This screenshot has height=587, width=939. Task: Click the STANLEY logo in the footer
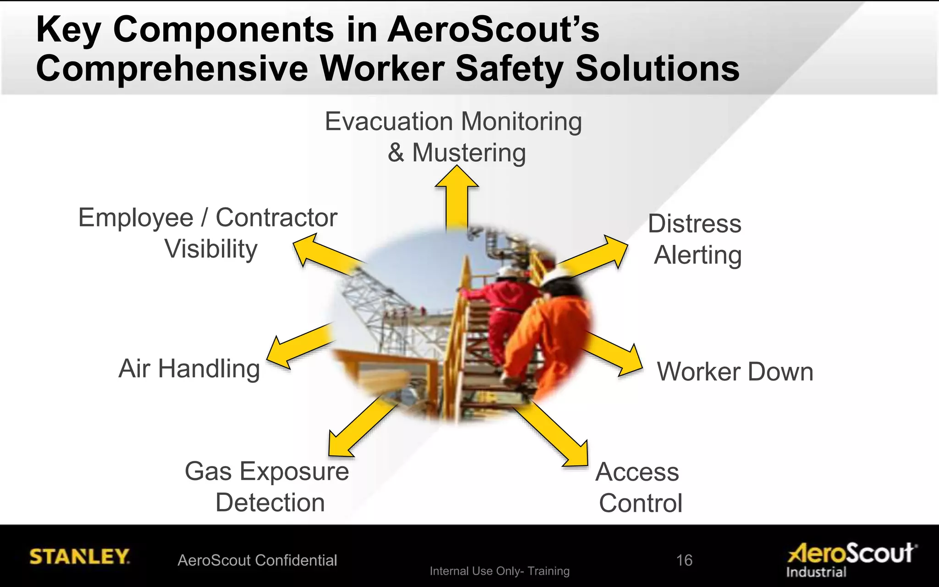[x=79, y=556]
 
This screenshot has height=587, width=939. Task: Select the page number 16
[x=684, y=560]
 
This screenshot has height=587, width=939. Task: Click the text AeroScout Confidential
[x=257, y=560]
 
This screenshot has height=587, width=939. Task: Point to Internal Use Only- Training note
[x=499, y=571]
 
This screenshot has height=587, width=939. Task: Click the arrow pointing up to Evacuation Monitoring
[x=457, y=197]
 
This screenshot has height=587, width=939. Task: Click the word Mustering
[x=469, y=153]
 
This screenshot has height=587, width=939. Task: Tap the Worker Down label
[x=735, y=371]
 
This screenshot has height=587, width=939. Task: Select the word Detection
[x=270, y=503]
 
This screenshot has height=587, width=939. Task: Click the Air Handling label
[x=189, y=369]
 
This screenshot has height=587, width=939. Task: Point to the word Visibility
[x=211, y=249]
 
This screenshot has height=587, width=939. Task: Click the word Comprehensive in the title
[x=172, y=69]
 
